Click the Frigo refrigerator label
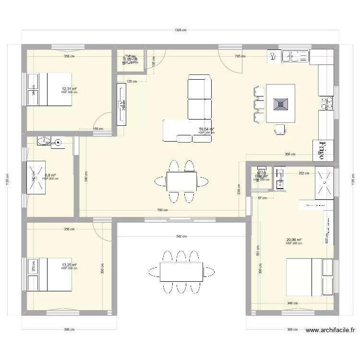[323, 150]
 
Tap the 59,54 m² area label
[206, 129]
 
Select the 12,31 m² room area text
[69, 89]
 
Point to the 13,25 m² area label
[69, 264]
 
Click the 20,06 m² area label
[293, 240]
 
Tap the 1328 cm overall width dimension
[180, 30]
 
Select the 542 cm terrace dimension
[181, 237]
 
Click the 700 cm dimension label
[162, 210]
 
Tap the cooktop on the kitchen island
[280, 103]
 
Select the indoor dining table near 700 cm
[181, 181]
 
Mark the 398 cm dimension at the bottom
[69, 330]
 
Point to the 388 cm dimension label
[292, 330]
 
